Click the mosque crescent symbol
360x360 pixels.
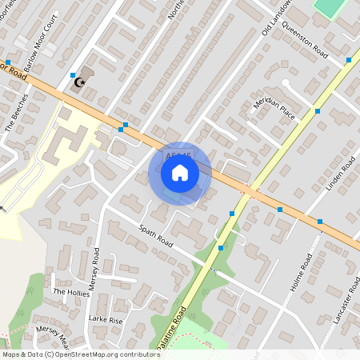coord(79,82)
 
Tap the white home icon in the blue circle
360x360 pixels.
coord(180,172)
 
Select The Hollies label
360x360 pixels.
coord(71,293)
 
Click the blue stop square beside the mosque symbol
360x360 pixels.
coord(73,74)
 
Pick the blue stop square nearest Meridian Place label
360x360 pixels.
coord(317,111)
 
